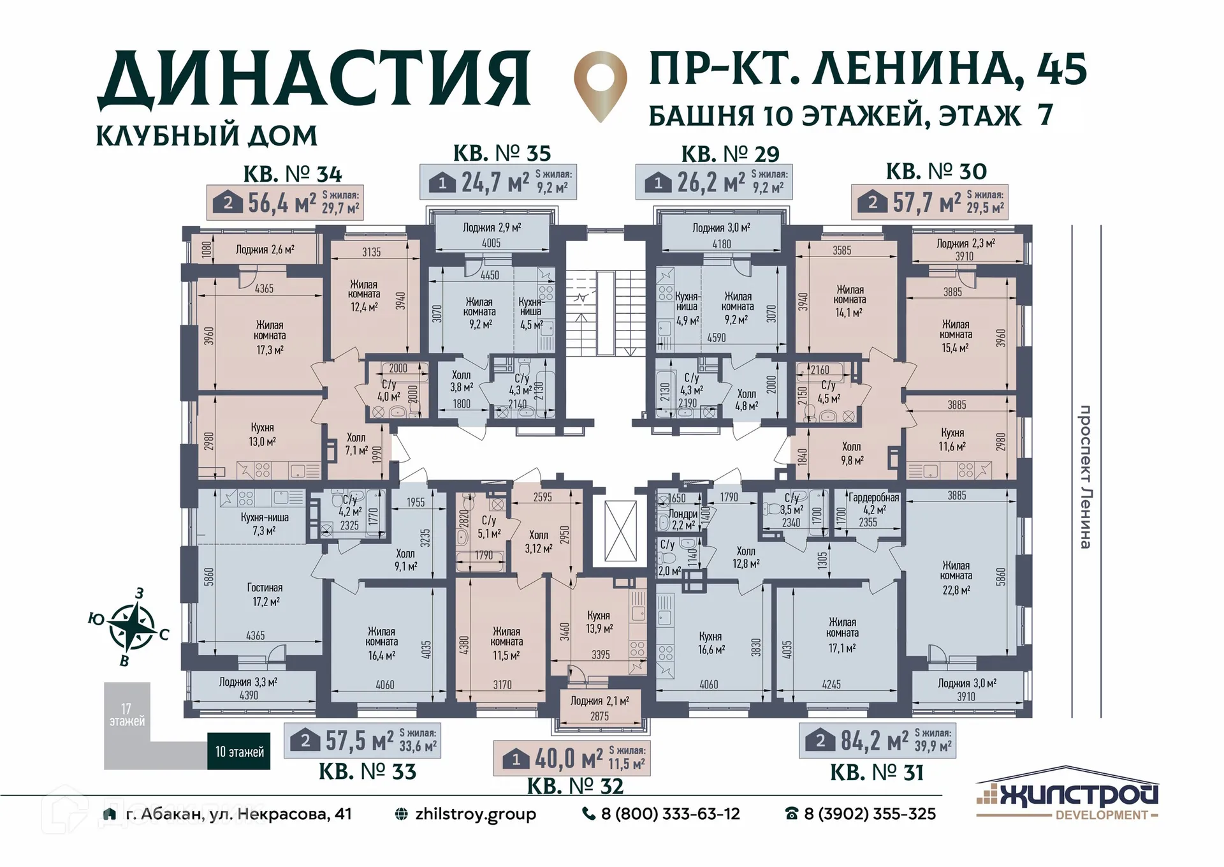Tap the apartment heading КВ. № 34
(293, 174)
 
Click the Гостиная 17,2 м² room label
(265, 595)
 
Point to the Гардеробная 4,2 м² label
(873, 509)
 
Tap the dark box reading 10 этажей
(239, 752)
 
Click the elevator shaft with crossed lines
(620, 531)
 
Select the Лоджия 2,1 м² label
(599, 701)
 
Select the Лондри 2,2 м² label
(683, 519)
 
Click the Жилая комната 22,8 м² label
(956, 577)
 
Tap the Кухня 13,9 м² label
(598, 621)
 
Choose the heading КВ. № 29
(730, 154)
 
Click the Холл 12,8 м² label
(746, 557)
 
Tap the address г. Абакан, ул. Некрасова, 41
(238, 814)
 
